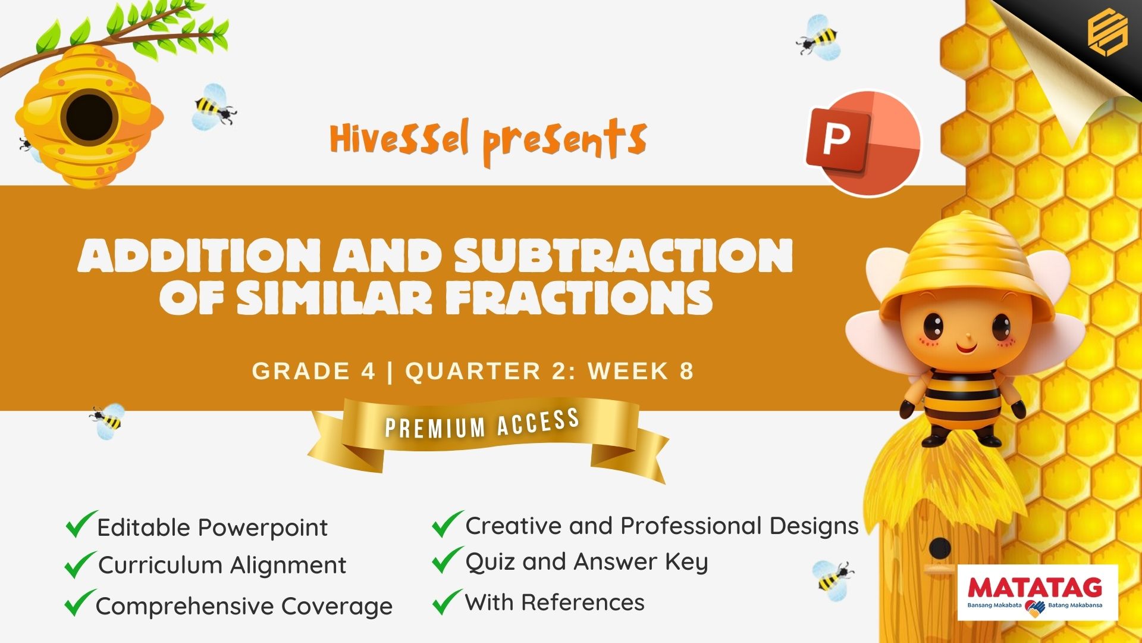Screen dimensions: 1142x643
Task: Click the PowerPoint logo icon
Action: click(x=863, y=143)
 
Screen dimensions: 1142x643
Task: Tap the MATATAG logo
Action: click(x=1038, y=593)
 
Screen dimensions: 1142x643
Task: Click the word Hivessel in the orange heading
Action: click(x=400, y=139)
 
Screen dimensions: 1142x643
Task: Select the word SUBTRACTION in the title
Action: click(x=623, y=255)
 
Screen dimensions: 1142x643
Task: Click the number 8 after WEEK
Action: click(x=687, y=371)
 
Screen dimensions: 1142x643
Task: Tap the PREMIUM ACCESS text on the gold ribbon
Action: click(x=482, y=423)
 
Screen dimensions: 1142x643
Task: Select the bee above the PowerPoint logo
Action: click(x=819, y=38)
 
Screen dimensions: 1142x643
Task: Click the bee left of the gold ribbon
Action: click(x=108, y=421)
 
